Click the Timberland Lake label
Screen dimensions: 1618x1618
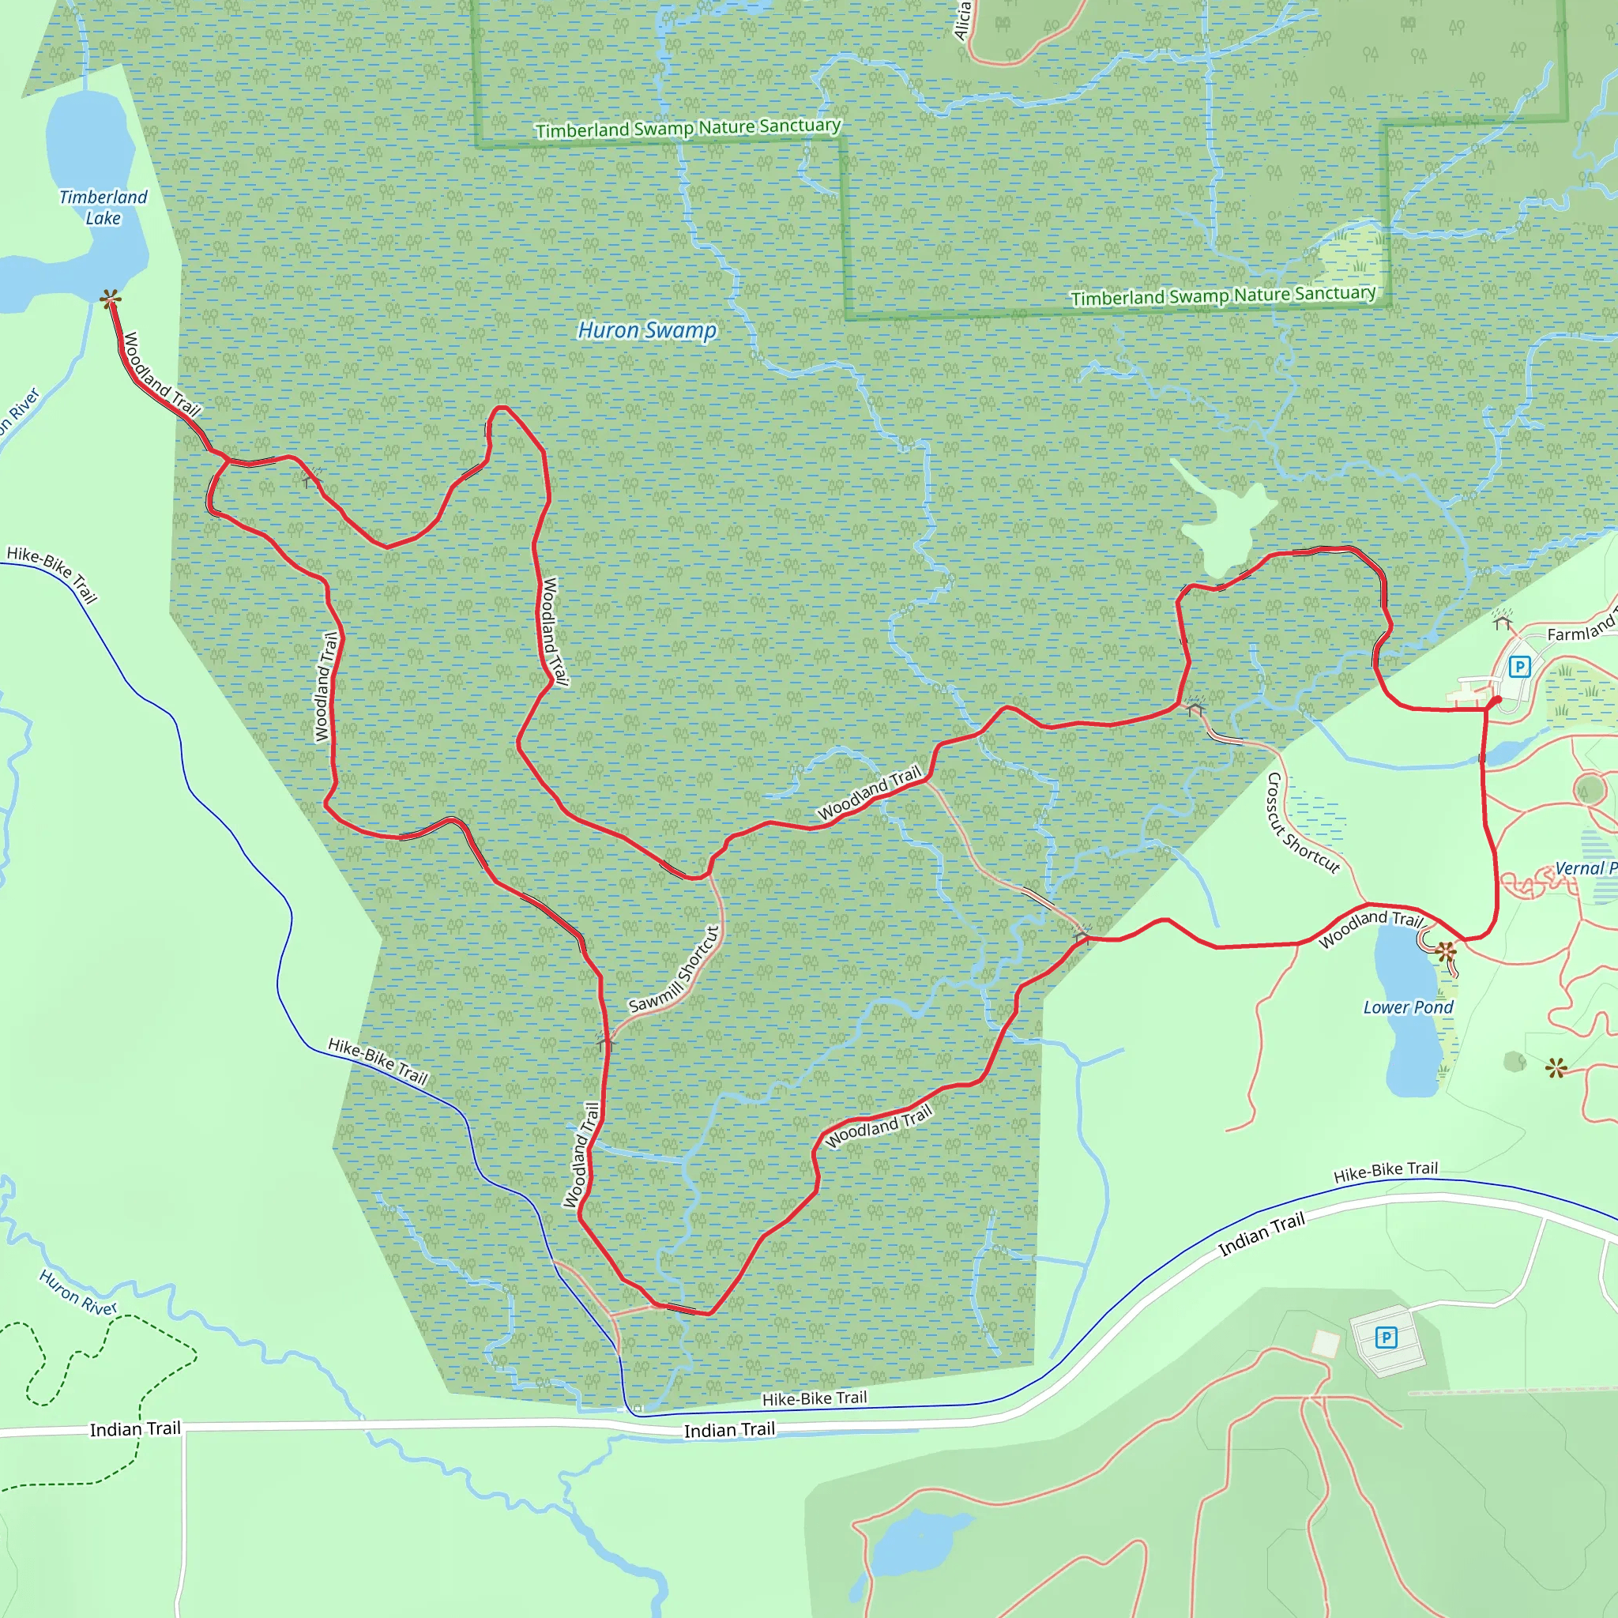pos(103,208)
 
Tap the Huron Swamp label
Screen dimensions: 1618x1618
pos(646,330)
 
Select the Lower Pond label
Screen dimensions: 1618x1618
pos(1408,1007)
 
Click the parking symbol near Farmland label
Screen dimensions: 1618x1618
pos(1519,667)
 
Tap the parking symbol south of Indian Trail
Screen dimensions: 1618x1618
pos(1386,1338)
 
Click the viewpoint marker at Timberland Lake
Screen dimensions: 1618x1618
pos(110,298)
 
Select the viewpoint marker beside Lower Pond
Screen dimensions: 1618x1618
pos(1446,951)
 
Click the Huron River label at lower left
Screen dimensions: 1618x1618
pos(78,1293)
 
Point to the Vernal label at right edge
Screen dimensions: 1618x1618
pos(1585,868)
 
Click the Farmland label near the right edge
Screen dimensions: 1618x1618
pos(1581,630)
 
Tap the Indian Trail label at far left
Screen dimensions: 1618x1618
pos(135,1428)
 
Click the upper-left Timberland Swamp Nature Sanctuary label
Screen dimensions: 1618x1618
pos(687,128)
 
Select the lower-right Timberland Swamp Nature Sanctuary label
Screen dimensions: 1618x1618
pos(1223,295)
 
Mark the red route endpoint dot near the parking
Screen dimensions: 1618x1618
pos(1496,700)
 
